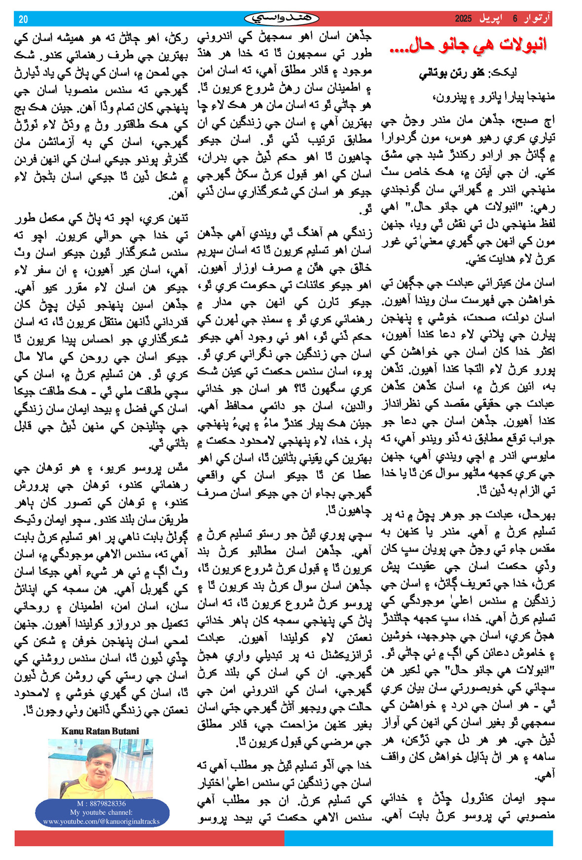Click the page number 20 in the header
coord(23,19)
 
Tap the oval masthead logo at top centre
coord(282,19)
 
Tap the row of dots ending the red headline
coord(402,49)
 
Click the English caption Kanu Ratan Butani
coord(100,731)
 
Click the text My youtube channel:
coord(101,812)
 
